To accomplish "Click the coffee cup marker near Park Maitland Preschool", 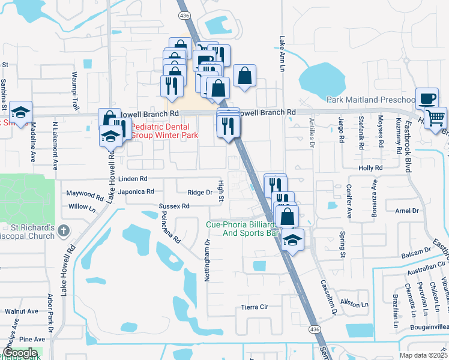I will pyautogui.click(x=427, y=98).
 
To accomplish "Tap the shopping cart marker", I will pyautogui.click(x=435, y=116).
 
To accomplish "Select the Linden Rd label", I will pyautogui.click(x=133, y=179).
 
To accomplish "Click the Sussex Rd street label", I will pyautogui.click(x=174, y=206).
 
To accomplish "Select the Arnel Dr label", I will pyautogui.click(x=407, y=211).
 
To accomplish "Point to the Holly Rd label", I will pyautogui.click(x=370, y=169).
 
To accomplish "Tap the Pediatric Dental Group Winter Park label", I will pyautogui.click(x=160, y=131).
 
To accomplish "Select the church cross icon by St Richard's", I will pyautogui.click(x=65, y=229).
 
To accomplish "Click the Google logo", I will pyautogui.click(x=20, y=353).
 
